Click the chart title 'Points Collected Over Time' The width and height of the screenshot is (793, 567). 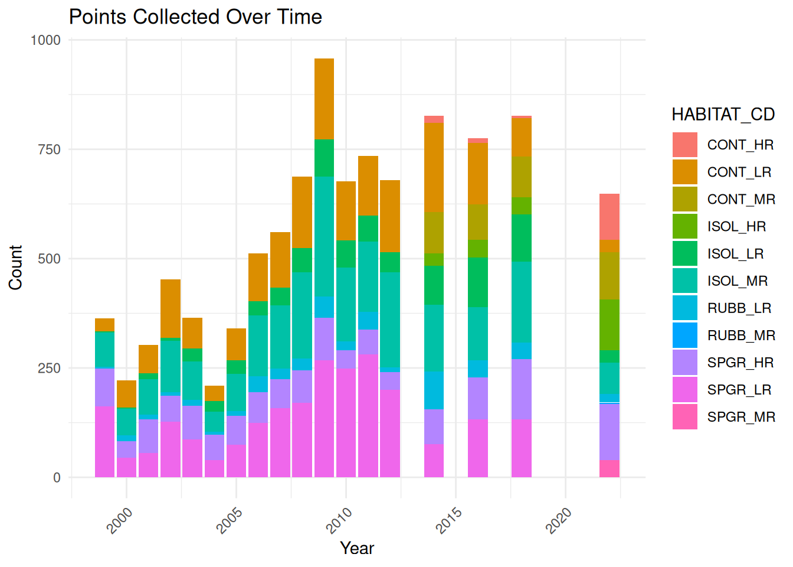click(195, 17)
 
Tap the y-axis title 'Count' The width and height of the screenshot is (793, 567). click(15, 267)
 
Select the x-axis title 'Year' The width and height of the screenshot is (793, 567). click(357, 548)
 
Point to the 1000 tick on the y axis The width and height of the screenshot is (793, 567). click(46, 40)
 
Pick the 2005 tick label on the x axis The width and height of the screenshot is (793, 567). click(230, 520)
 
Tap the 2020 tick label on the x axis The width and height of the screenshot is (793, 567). click(559, 520)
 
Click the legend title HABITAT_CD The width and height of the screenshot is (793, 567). click(723, 114)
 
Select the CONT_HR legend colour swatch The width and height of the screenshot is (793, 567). click(684, 145)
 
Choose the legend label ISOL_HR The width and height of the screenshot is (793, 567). click(736, 226)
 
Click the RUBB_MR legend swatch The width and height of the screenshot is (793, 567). click(684, 335)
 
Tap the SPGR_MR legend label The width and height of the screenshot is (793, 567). click(741, 416)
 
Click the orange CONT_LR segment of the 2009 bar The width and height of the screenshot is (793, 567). click(324, 99)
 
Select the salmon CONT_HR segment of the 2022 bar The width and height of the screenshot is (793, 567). click(610, 216)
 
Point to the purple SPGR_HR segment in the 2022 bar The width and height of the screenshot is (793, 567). click(610, 431)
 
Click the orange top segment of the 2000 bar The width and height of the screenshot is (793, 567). click(126, 393)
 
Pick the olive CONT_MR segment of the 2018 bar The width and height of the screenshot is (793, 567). click(522, 177)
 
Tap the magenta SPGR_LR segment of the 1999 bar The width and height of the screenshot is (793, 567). click(104, 441)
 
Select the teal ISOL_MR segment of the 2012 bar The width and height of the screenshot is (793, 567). click(390, 319)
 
